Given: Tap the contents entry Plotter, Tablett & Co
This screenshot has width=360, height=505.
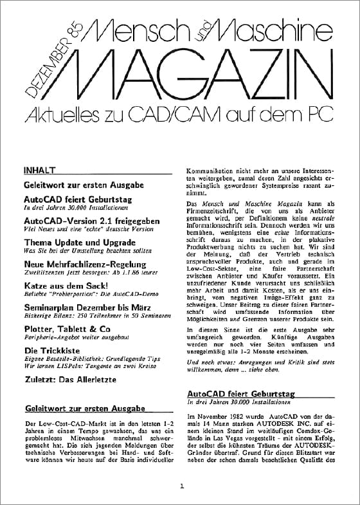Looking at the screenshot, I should [66, 327].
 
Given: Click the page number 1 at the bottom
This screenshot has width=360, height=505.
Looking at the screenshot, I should [183, 486].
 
